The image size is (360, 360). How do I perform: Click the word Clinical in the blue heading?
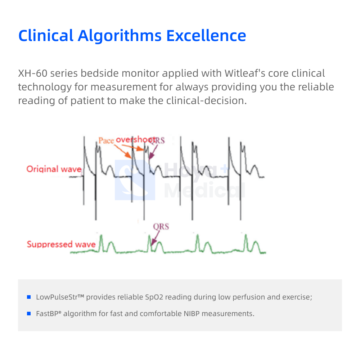tap(46, 36)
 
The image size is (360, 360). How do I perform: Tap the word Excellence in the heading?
tap(206, 36)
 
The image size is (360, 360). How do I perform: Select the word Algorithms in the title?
tap(120, 36)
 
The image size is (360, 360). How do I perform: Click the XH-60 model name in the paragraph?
tap(33, 73)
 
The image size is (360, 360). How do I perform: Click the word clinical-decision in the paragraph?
tap(206, 101)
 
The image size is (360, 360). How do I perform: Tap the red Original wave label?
tap(54, 169)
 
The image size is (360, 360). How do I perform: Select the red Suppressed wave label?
tap(61, 244)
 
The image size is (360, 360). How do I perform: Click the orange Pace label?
tap(106, 140)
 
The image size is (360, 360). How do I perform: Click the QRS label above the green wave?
tap(161, 227)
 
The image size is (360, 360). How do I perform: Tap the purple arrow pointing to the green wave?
tap(155, 238)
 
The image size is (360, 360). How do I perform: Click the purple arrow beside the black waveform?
tap(153, 152)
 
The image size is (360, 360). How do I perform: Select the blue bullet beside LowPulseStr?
tap(29, 297)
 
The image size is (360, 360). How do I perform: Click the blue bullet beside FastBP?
tap(29, 314)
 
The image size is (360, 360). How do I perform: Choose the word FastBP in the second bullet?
tap(47, 314)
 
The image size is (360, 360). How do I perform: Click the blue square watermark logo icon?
tap(135, 180)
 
